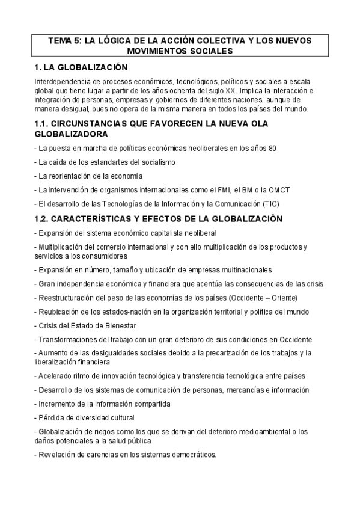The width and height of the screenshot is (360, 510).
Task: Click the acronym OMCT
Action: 279,189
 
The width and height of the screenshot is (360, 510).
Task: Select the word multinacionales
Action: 240,270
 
